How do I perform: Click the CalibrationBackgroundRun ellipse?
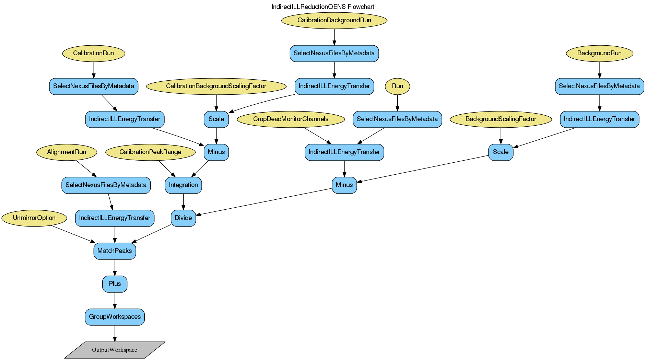tap(334, 20)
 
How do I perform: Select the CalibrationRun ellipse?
tap(94, 53)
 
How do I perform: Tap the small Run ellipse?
tap(397, 86)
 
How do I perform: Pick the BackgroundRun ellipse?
tap(599, 53)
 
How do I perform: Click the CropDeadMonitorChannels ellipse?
tap(291, 119)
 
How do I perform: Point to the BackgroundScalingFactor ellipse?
tap(501, 119)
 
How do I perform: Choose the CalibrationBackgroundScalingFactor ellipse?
tap(216, 86)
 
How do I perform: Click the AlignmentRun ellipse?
tap(67, 152)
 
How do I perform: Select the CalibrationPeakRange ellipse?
tap(150, 152)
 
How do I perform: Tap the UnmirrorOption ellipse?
tap(34, 218)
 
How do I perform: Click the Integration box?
tap(183, 185)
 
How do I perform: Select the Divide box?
tap(183, 218)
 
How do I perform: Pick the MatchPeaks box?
tap(115, 251)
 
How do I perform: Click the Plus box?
tap(115, 284)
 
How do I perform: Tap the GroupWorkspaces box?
tap(115, 317)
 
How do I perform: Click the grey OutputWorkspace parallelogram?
tap(115, 350)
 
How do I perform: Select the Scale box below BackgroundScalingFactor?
tap(501, 152)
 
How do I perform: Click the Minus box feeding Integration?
tap(216, 152)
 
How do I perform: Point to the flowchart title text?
tap(322, 7)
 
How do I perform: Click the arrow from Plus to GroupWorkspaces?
tap(115, 300)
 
